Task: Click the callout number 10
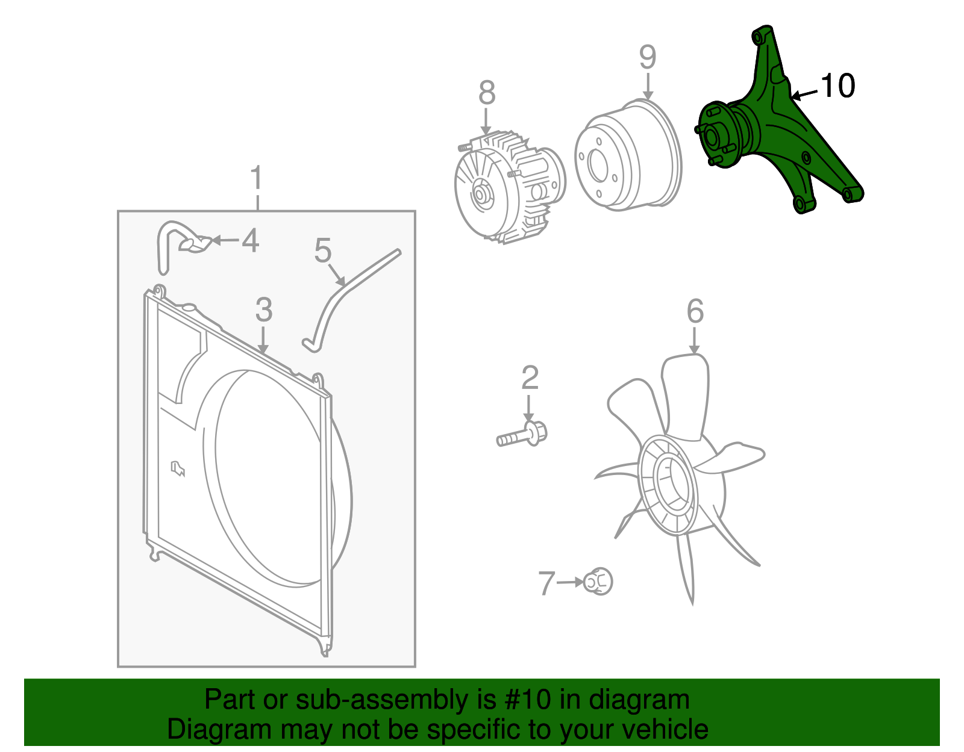click(837, 85)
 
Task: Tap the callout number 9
click(647, 57)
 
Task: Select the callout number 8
click(487, 93)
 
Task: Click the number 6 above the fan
click(695, 311)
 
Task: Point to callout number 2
click(530, 378)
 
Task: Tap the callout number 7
click(546, 583)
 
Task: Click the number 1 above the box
click(257, 178)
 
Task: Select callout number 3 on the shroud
click(264, 310)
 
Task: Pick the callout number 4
click(250, 241)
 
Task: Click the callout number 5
click(323, 250)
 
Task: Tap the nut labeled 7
click(598, 582)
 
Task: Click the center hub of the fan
click(669, 485)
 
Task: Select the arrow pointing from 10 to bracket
click(805, 94)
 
